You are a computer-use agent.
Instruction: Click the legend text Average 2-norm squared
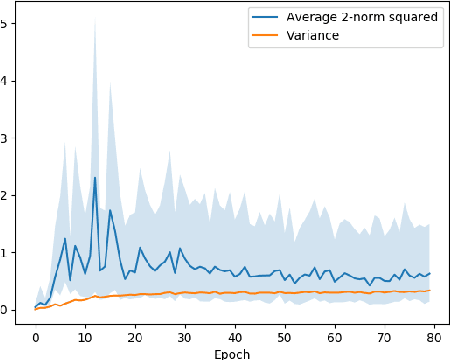pos(348,16)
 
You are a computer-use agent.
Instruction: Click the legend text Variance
pos(311,35)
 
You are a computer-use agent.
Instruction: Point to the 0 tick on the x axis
pos(35,337)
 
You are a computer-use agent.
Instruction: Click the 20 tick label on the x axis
pos(135,337)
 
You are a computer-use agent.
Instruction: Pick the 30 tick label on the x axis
pos(185,337)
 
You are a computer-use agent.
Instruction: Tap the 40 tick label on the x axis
pos(235,337)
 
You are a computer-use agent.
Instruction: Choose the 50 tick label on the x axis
pos(285,337)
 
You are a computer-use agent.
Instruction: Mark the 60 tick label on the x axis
pos(335,337)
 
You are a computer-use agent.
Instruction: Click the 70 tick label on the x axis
pos(385,337)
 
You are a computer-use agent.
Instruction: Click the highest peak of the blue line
pos(95,178)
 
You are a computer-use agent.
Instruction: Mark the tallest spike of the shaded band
pos(95,20)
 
